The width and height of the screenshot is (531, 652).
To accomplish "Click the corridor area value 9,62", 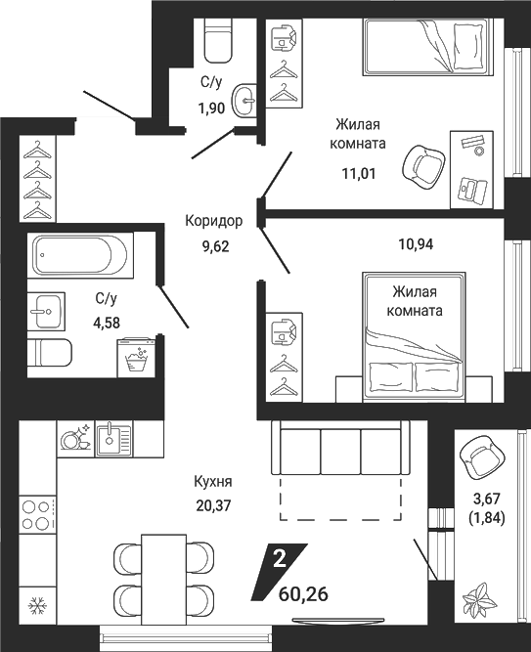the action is pyautogui.click(x=215, y=246).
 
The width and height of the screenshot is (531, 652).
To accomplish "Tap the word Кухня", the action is pyautogui.click(x=213, y=482).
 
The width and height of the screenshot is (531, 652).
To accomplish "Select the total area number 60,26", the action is pyautogui.click(x=303, y=594).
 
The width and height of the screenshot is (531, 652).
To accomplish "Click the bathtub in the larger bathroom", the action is pyautogui.click(x=81, y=255).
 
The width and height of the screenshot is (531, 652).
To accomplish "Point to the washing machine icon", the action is pyautogui.click(x=136, y=358).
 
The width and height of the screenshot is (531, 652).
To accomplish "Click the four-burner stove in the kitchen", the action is pyautogui.click(x=37, y=515).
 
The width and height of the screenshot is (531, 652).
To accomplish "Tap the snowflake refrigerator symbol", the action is pyautogui.click(x=37, y=605).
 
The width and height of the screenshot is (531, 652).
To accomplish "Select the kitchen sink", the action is pyautogui.click(x=113, y=439).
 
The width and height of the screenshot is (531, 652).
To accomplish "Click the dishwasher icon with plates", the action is pyautogui.click(x=76, y=439).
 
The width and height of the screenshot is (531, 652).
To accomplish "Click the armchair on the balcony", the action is pyautogui.click(x=480, y=458).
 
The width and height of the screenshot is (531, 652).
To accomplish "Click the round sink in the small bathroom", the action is pyautogui.click(x=244, y=101).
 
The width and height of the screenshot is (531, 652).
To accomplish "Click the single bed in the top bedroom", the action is pyautogui.click(x=428, y=47).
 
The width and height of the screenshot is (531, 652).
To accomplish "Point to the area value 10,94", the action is pyautogui.click(x=416, y=244).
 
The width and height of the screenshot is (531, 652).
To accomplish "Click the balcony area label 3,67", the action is pyautogui.click(x=486, y=498).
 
